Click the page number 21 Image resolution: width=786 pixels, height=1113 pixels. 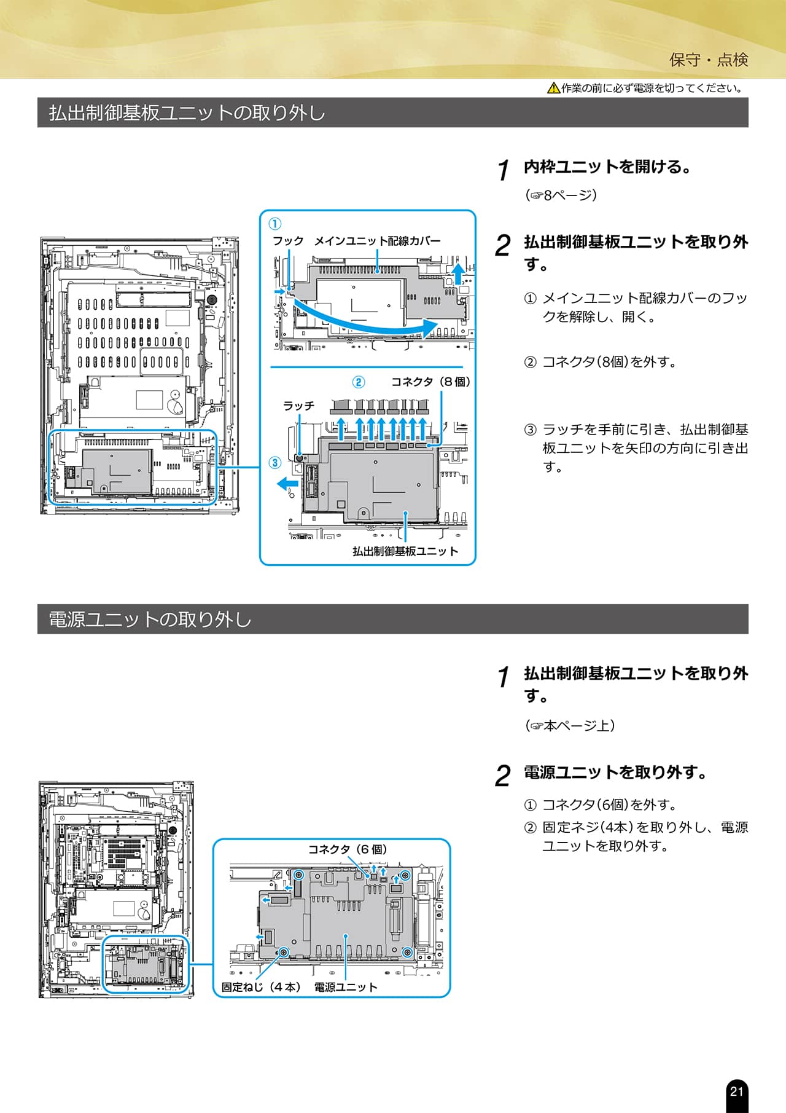(736, 1091)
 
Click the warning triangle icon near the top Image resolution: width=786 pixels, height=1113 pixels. (553, 88)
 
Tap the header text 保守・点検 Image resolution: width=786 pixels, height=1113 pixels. (709, 60)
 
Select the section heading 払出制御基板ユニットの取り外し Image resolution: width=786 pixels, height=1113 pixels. (187, 113)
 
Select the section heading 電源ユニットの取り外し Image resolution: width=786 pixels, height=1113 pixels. (150, 619)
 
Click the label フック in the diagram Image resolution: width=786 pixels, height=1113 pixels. (288, 241)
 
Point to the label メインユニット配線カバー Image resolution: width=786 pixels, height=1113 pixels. (377, 241)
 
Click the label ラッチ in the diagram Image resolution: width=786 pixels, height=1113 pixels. (298, 406)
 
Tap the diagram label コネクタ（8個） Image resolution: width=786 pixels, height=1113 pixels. (431, 382)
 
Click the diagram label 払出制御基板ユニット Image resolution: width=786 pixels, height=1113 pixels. (405, 551)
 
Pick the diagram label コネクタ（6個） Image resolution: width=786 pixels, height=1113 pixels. (348, 849)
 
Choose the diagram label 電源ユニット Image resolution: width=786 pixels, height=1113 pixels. (346, 987)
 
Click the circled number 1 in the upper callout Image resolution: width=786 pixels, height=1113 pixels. (276, 224)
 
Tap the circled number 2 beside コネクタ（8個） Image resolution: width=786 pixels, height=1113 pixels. (359, 382)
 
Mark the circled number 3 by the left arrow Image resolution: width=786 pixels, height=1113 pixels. (275, 463)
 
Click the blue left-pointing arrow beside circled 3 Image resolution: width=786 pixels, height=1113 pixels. (287, 484)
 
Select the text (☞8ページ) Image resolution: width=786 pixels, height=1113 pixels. (561, 195)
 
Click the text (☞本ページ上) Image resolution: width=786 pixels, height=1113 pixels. (570, 726)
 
